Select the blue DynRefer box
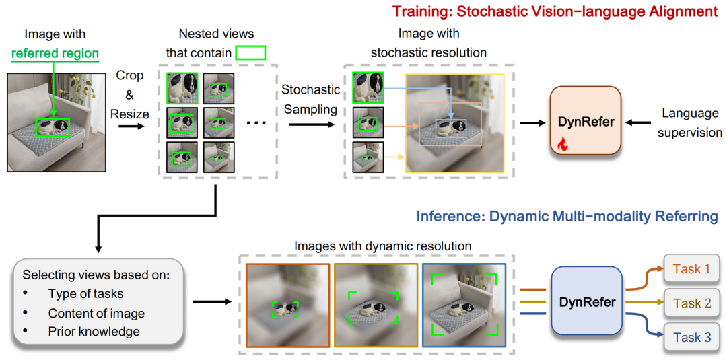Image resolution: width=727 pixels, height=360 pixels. pos(586,302)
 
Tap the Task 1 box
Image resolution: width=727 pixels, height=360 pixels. pos(691,269)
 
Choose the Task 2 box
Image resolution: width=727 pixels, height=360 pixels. pos(691,303)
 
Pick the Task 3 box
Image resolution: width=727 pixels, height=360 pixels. pos(691,337)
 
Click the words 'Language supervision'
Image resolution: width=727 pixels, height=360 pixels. pos(690,122)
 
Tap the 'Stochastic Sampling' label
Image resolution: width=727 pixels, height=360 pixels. pos(310,99)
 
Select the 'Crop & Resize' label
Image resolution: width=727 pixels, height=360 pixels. pos(129,95)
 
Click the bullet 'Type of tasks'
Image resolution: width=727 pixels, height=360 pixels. pos(85,294)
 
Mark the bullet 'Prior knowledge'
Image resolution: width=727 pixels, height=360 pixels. pos(94,331)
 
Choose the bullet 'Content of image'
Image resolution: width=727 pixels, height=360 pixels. pos(96,313)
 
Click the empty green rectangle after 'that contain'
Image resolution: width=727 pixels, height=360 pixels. pos(250,52)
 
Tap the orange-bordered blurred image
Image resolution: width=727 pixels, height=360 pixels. pos(287,305)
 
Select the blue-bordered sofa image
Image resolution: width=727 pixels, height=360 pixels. pos(464,305)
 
